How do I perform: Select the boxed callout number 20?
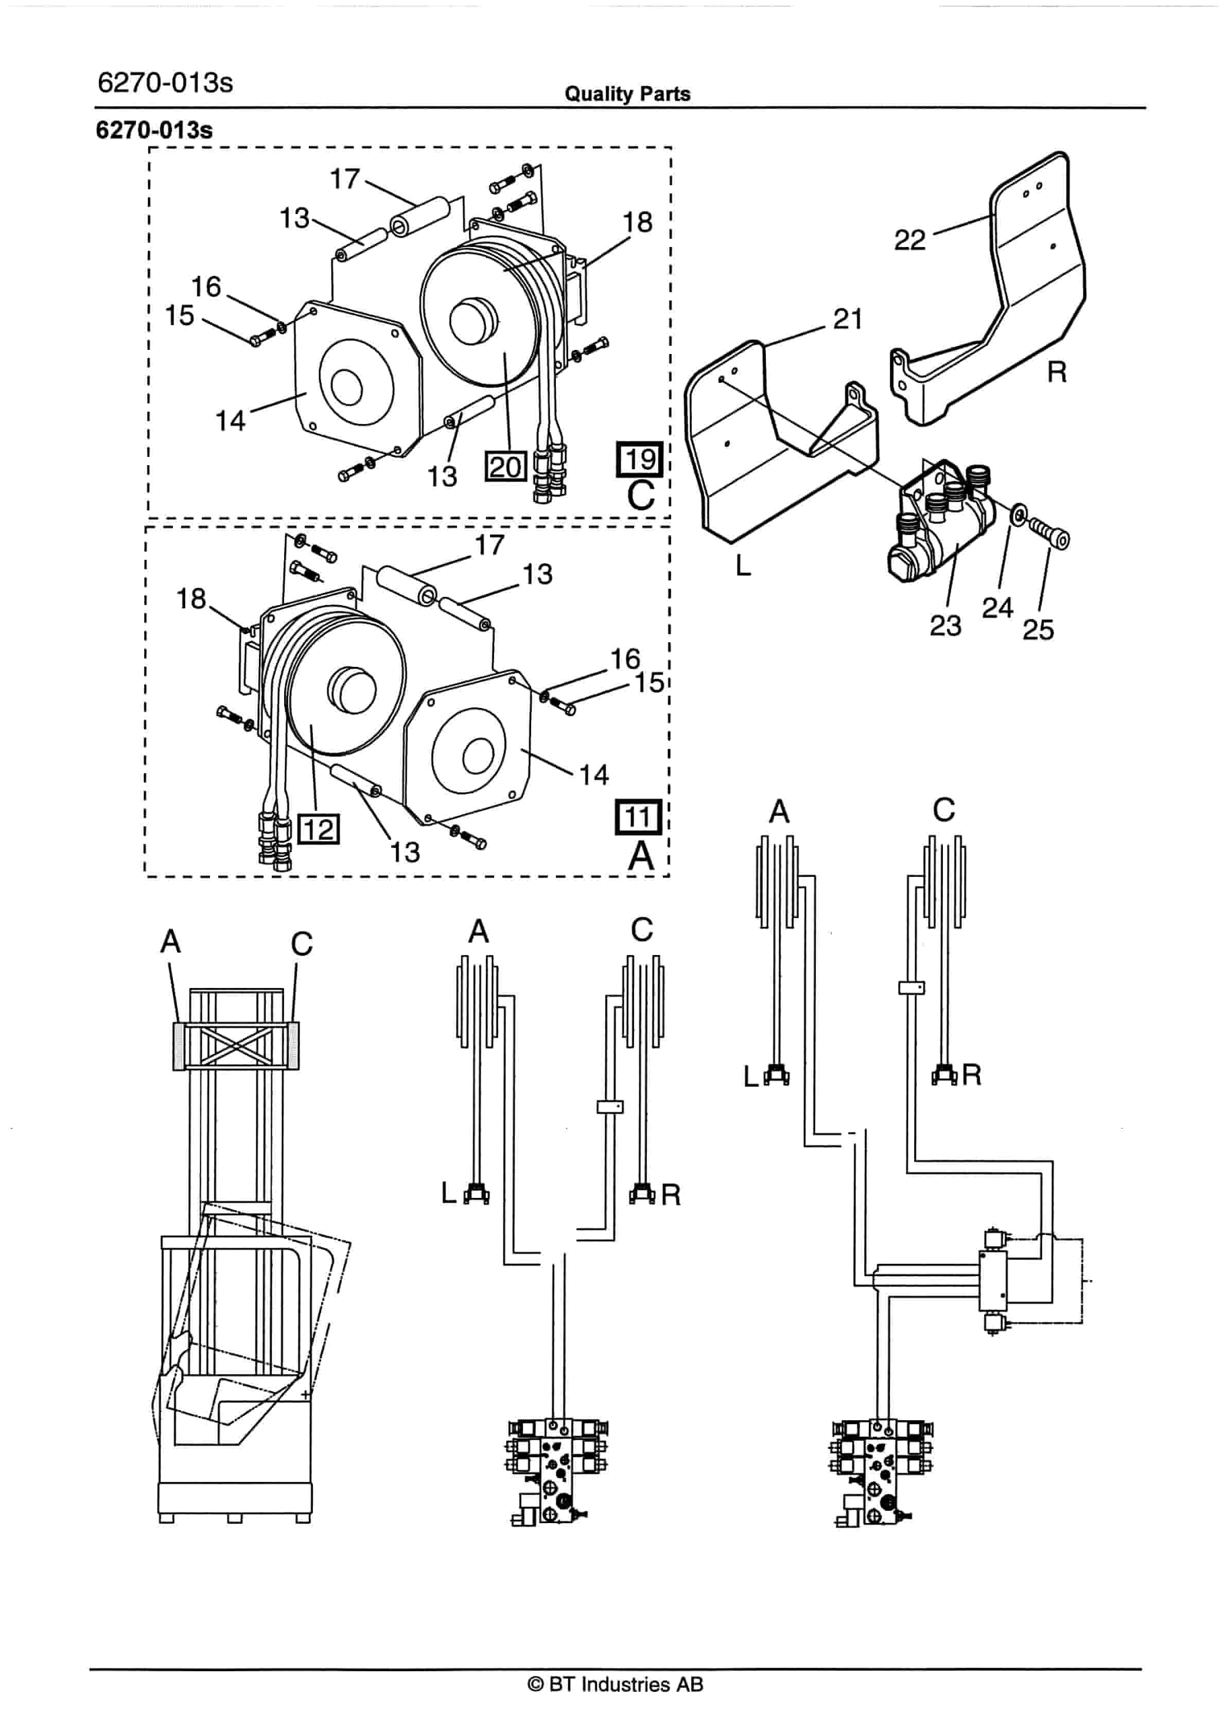pos(505,467)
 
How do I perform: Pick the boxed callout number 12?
pos(319,829)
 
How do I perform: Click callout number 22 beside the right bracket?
pos(909,240)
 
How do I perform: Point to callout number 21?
pos(848,319)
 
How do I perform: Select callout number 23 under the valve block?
pos(945,625)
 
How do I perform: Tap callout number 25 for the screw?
pos(1038,629)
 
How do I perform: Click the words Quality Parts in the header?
pos(627,94)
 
